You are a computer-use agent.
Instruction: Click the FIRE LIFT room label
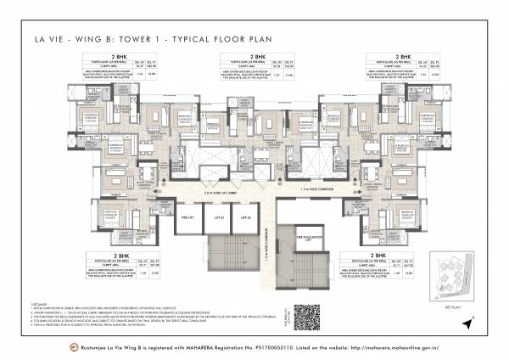click(188, 218)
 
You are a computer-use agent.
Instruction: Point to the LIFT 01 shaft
click(219, 218)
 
